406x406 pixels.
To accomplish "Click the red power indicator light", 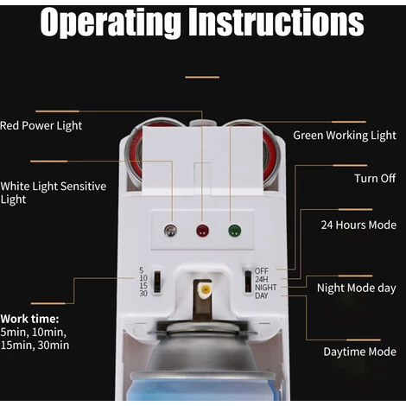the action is point(203,231).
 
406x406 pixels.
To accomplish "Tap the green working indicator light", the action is point(235,231).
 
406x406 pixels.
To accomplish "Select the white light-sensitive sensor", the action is point(170,231).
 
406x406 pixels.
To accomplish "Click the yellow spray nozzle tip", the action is point(206,289).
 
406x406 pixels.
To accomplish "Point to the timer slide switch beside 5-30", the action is point(157,282).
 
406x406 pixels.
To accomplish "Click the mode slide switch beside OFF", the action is point(248,282).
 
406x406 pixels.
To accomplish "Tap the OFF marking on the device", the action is point(262,271).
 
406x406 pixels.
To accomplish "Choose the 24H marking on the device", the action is point(262,279).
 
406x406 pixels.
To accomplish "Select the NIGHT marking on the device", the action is point(265,288).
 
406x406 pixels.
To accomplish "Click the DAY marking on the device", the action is point(262,295).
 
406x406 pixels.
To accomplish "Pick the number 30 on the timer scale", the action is point(143,294).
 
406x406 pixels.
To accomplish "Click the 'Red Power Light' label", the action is point(41,126).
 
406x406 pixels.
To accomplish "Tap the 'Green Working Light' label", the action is point(345,136).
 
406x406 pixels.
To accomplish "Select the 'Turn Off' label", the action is point(375,178).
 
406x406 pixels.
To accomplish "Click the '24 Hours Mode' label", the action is point(358,225).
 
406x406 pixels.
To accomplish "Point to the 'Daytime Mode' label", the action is point(359,352).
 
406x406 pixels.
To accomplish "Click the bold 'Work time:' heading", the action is point(29,319).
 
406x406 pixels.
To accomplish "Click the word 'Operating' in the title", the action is point(111,23).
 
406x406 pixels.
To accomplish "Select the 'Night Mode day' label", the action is point(357,289).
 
